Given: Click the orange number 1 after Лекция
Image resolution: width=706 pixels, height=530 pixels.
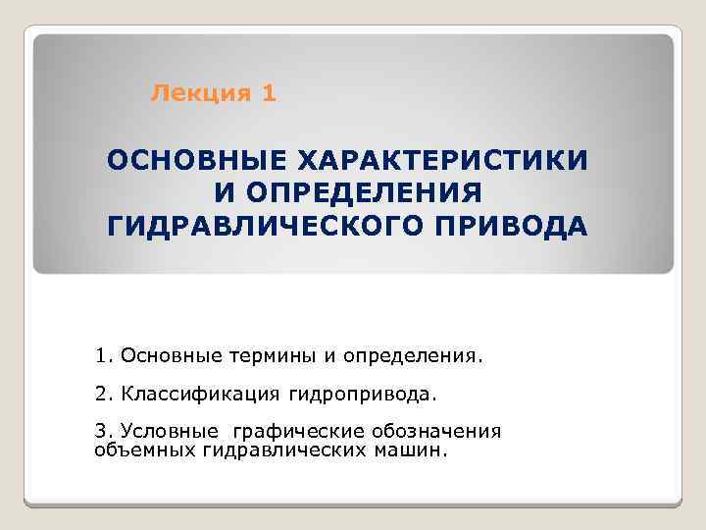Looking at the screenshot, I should click(x=270, y=94).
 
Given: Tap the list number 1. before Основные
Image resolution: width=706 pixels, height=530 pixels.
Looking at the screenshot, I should click(x=104, y=353).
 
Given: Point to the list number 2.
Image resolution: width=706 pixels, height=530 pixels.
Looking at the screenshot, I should click(x=104, y=394).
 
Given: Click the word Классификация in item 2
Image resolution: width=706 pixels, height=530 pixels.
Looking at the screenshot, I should click(x=201, y=394).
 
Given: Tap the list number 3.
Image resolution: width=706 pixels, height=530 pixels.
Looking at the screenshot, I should click(x=104, y=431).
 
